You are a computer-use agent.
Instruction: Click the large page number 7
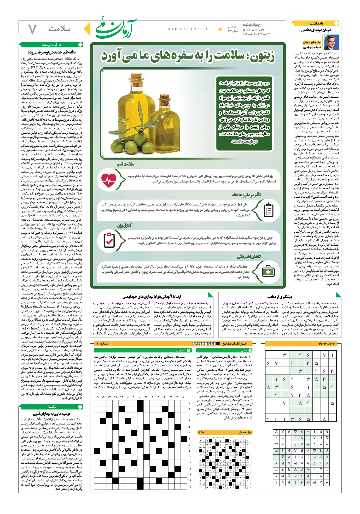(x=32, y=29)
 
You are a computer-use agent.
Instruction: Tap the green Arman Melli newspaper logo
(x=116, y=28)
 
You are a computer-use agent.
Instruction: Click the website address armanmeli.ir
(x=189, y=29)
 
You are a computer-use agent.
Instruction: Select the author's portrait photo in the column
(x=331, y=42)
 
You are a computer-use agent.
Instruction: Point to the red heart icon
(x=109, y=179)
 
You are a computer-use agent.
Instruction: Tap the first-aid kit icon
(x=268, y=271)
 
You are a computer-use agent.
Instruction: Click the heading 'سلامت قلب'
(x=125, y=164)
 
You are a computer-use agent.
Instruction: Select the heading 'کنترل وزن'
(x=124, y=225)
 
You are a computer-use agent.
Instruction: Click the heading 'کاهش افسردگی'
(x=249, y=257)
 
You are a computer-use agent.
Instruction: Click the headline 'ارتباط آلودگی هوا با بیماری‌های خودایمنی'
(x=152, y=297)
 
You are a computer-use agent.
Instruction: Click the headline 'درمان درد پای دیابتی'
(x=316, y=30)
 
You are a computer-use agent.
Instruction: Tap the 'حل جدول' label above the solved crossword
(x=245, y=432)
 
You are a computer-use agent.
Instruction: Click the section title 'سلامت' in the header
(x=59, y=29)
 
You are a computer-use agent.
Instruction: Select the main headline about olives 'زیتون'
(x=188, y=56)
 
